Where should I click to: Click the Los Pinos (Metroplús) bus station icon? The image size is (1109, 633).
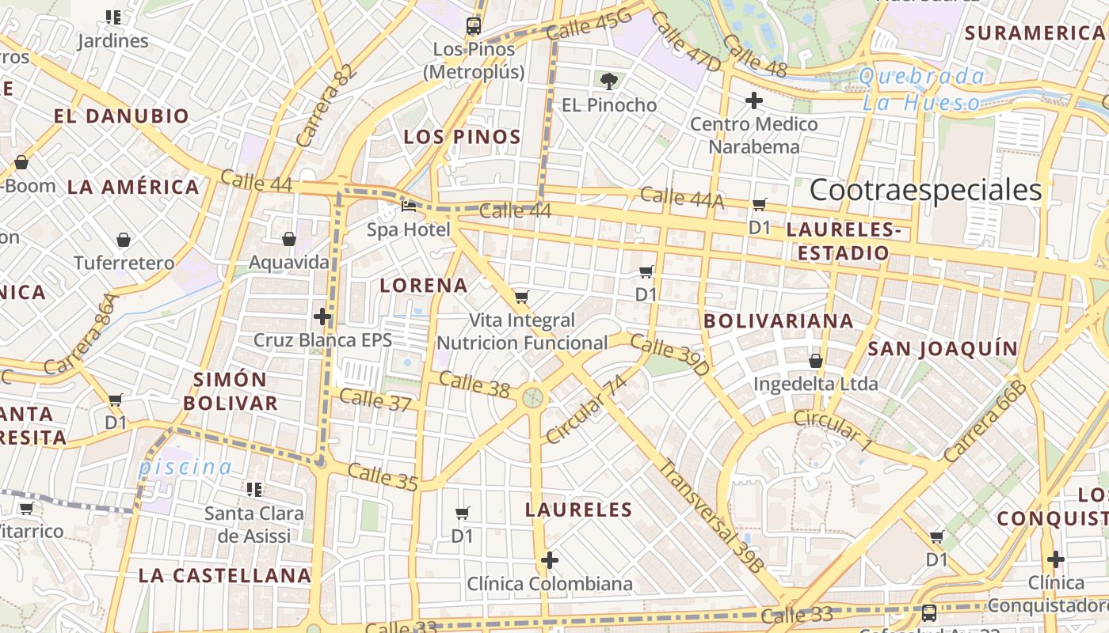(x=474, y=25)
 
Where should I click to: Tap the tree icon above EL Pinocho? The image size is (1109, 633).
(x=608, y=81)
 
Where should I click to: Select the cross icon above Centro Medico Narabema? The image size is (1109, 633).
(x=753, y=100)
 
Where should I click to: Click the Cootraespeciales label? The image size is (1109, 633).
(x=925, y=190)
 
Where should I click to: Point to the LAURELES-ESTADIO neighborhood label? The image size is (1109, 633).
(x=844, y=241)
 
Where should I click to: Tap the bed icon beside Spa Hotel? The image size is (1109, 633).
(x=409, y=207)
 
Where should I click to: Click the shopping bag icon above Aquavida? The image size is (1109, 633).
(x=289, y=238)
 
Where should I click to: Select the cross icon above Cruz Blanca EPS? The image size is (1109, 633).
(x=322, y=316)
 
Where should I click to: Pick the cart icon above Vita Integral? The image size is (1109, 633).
(x=521, y=298)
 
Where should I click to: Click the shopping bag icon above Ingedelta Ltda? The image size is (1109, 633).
(x=815, y=361)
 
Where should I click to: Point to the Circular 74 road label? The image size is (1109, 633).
(x=586, y=410)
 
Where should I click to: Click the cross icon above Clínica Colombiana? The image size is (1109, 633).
(x=549, y=560)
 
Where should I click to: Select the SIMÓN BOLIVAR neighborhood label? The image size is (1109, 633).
(x=231, y=391)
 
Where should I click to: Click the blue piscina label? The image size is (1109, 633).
(x=185, y=467)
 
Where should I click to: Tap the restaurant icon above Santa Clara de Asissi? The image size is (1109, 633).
(x=253, y=490)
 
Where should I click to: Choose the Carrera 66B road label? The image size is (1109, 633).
(x=985, y=422)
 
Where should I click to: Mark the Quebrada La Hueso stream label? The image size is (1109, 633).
(x=922, y=89)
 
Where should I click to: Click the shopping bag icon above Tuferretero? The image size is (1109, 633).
(x=124, y=239)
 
